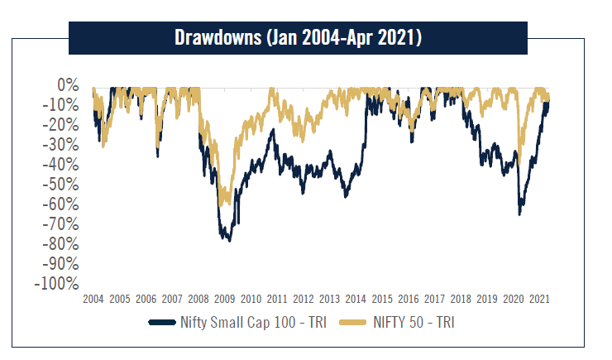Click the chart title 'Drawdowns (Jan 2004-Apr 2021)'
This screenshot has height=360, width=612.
[x=298, y=37]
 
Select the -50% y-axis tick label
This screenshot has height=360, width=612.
[x=60, y=185]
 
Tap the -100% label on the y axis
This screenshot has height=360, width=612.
[x=57, y=284]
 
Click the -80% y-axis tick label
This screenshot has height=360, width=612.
[x=60, y=244]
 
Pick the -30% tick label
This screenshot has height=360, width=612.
[x=60, y=145]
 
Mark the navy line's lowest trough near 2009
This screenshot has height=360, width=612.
[x=228, y=240]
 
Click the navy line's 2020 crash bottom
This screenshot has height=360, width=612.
[x=519, y=214]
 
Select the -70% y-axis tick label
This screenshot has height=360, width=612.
[x=60, y=224]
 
